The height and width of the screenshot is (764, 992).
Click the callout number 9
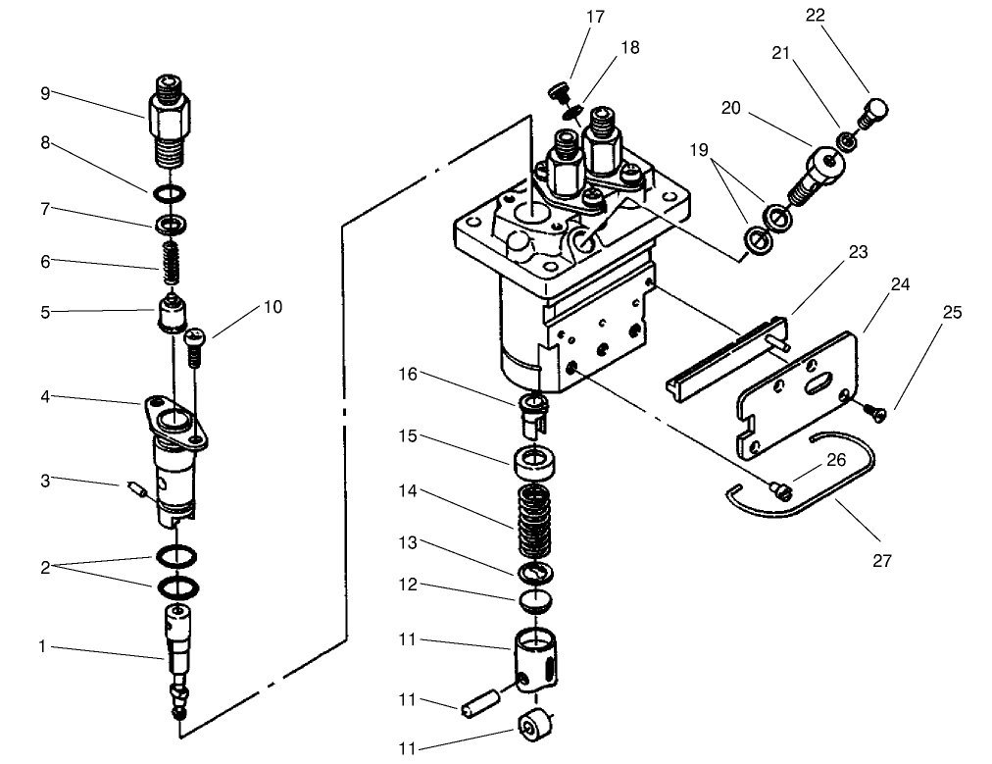45,93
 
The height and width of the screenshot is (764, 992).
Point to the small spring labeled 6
174,261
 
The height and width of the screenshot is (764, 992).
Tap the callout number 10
273,307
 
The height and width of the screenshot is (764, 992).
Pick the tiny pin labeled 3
137,487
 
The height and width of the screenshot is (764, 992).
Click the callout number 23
858,252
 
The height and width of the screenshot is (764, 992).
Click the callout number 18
630,46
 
